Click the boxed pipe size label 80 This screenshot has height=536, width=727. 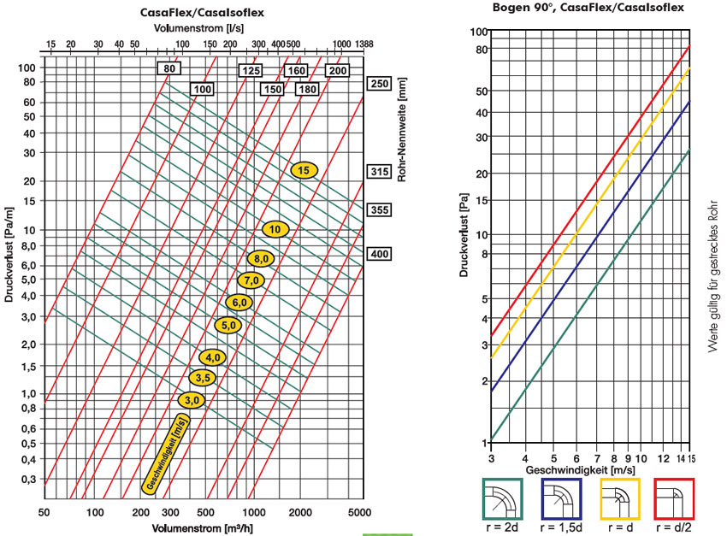coord(169,68)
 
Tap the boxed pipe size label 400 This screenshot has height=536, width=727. coord(378,253)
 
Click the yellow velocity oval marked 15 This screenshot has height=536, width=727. coord(304,169)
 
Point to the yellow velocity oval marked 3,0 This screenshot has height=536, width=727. coord(192,399)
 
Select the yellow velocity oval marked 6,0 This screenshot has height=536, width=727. coord(239,302)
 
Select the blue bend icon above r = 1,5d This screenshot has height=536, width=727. coord(561,498)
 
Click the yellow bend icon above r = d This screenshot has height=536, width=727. coord(618,498)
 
